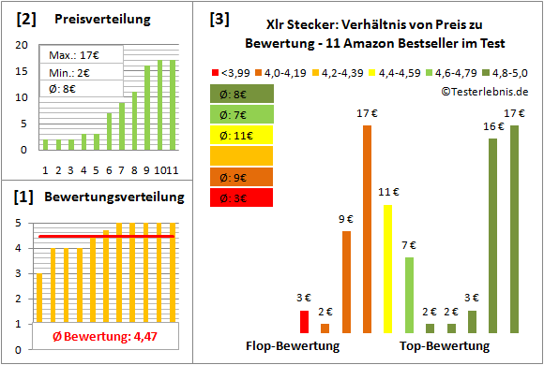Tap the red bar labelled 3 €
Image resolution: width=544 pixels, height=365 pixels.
coord(304,321)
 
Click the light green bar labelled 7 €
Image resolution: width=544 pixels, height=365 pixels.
coord(409,295)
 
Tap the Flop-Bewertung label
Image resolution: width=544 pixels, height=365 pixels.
coord(292,346)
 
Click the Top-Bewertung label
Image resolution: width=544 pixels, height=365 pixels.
coord(445,346)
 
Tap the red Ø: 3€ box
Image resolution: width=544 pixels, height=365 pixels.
coord(242,197)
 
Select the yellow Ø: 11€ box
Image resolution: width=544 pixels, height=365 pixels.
coord(242,134)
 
